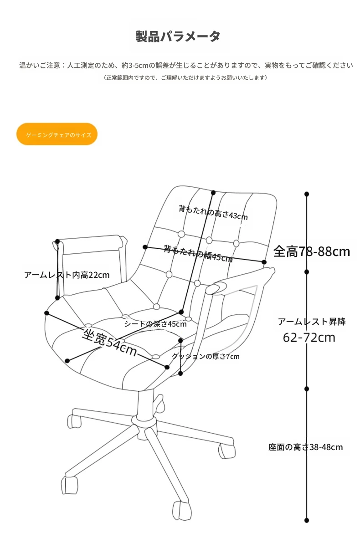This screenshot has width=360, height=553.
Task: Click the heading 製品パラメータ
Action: [x=178, y=36]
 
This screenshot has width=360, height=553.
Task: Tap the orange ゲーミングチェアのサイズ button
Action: [x=57, y=134]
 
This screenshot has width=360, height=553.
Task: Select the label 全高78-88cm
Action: [x=312, y=251]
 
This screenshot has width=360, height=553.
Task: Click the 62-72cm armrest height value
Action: [x=309, y=338]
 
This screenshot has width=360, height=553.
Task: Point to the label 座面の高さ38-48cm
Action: [x=305, y=447]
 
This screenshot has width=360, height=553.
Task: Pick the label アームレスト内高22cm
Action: [x=67, y=275]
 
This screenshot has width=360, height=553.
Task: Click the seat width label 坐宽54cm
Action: [x=109, y=342]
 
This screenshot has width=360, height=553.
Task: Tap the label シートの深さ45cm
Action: [x=155, y=324]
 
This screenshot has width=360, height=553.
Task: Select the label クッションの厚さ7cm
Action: [x=206, y=356]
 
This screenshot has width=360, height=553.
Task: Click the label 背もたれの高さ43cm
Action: [x=213, y=212]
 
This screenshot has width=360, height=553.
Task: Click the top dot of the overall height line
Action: [x=307, y=194]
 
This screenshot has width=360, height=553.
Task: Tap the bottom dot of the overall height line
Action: [x=307, y=521]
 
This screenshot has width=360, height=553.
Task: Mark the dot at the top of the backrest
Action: [x=213, y=193]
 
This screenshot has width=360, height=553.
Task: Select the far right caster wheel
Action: [x=226, y=451]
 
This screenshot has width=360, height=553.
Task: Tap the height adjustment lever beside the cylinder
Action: [x=159, y=403]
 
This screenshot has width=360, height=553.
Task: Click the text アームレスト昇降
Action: [x=312, y=322]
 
